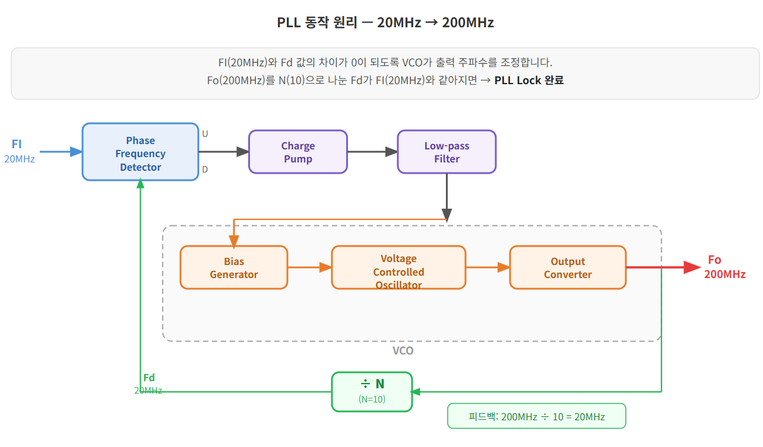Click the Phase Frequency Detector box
click(x=140, y=152)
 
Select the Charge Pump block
click(x=297, y=152)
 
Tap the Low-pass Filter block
click(x=447, y=152)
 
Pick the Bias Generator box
click(x=233, y=267)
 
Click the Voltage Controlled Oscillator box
click(x=398, y=267)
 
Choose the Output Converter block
click(x=568, y=267)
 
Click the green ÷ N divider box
click(x=372, y=391)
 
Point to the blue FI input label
click(x=17, y=144)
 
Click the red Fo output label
click(x=714, y=260)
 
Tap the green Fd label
click(x=149, y=378)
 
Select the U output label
click(x=205, y=133)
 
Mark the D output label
click(x=205, y=170)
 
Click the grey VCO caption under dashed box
click(x=403, y=350)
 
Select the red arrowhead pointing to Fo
click(x=692, y=267)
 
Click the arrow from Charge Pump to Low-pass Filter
click(x=372, y=152)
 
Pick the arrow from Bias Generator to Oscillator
click(x=309, y=267)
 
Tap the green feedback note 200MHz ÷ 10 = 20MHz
click(x=536, y=416)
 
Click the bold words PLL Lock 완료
click(x=528, y=80)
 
